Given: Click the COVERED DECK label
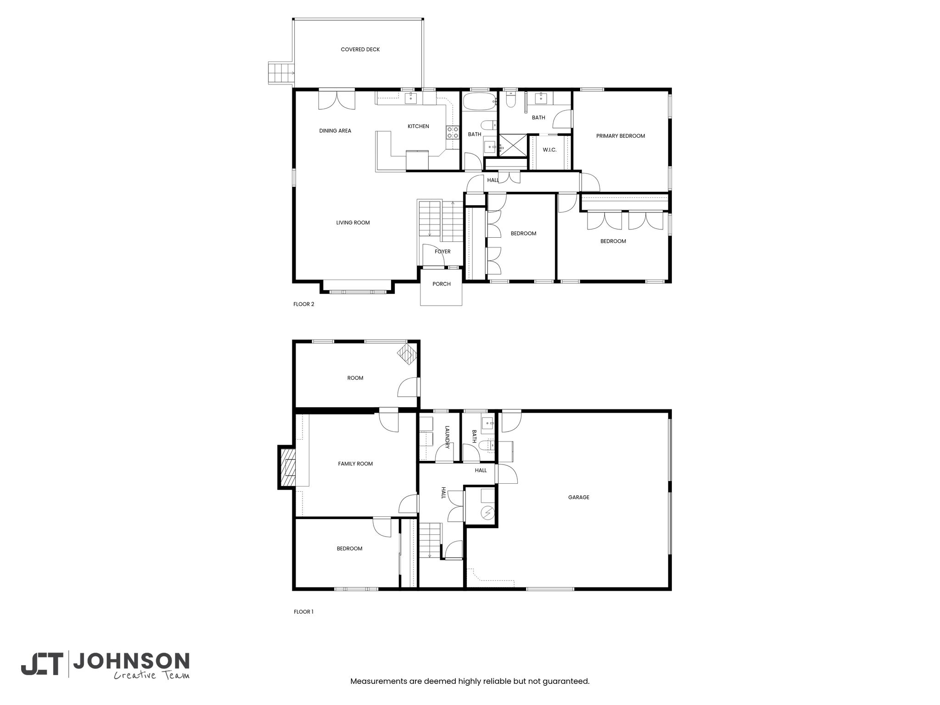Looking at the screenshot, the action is coord(360,50).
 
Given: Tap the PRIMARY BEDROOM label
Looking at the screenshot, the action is coord(621,136).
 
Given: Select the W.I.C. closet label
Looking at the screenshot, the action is coord(549,150).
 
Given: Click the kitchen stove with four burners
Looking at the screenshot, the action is coord(453,133).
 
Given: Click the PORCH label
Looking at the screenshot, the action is coord(442,284).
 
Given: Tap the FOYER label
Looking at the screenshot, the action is coord(443,252).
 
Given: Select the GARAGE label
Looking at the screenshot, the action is coord(579,497).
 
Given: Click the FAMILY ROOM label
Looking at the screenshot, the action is coord(355,464).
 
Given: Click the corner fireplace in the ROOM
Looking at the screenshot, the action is coord(407,354).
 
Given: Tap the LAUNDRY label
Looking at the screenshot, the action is coord(447,437).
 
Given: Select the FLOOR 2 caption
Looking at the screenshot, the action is coord(304,304).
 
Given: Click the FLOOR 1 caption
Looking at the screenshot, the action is coord(303,611).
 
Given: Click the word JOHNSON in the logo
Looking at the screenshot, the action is coord(131,661).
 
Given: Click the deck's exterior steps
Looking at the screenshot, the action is coord(280,73).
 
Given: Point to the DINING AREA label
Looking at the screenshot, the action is coord(335,131).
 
